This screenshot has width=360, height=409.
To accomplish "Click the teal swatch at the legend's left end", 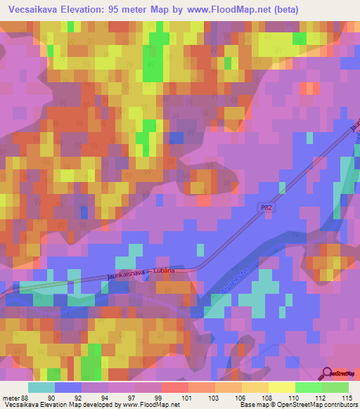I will (x=41, y=387).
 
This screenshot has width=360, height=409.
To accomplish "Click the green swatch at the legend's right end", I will (x=335, y=387).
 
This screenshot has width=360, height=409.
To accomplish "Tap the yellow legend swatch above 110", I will (x=282, y=387).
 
